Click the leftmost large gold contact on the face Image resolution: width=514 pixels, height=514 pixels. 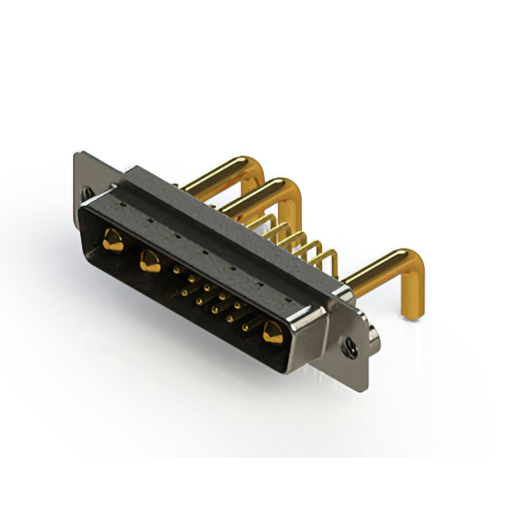(113, 240)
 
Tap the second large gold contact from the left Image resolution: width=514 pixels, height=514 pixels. (149, 260)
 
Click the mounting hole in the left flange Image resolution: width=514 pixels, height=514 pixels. (88, 193)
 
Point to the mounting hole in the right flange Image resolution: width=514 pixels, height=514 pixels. (350, 348)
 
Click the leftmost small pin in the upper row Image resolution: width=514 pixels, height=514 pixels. (176, 271)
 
